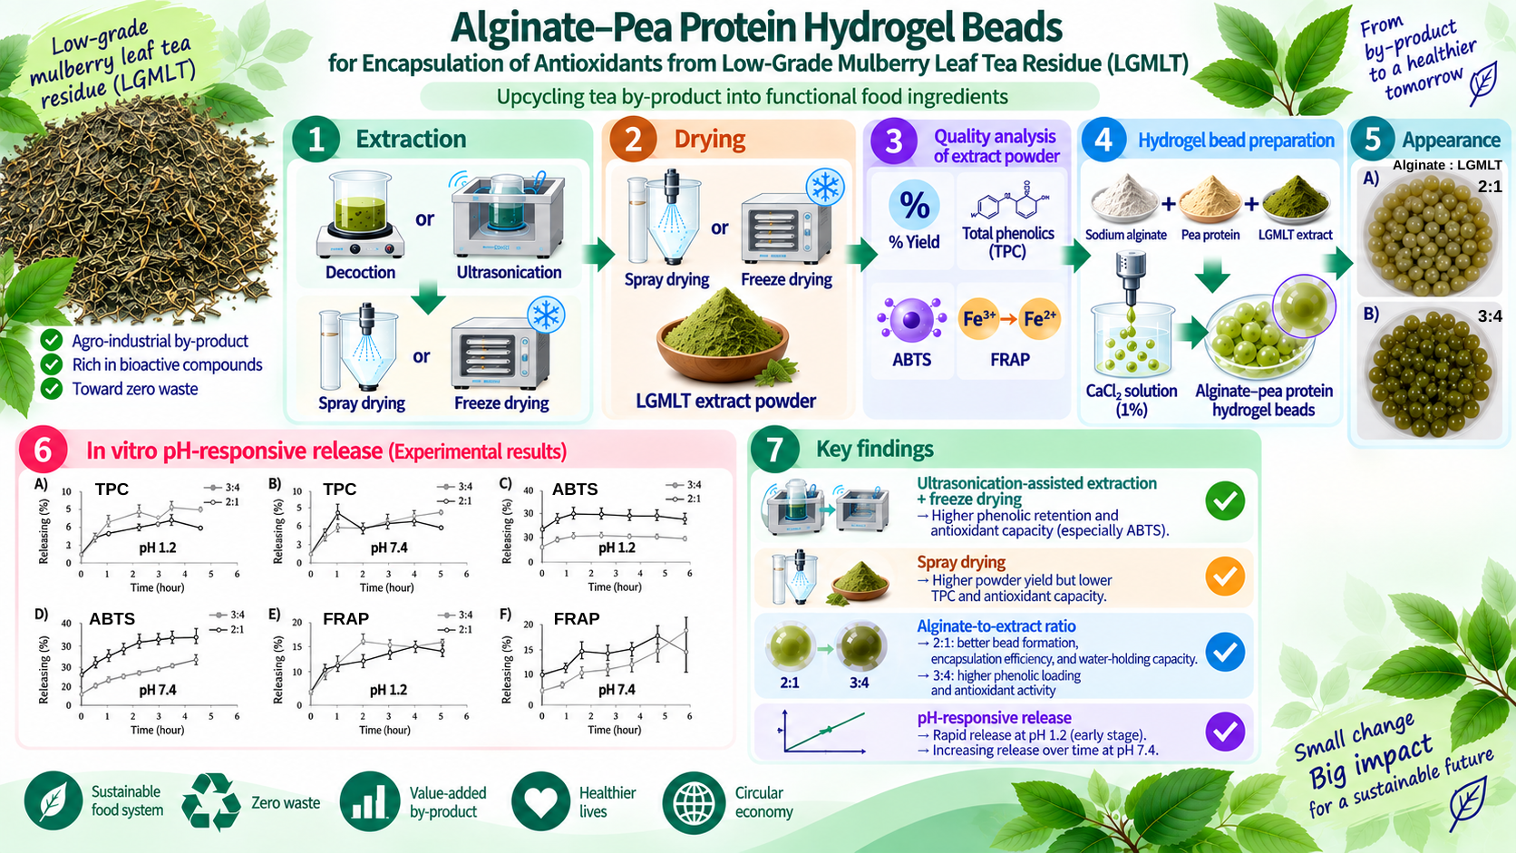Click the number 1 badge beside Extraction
click(316, 139)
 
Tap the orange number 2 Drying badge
click(633, 139)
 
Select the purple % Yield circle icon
click(914, 204)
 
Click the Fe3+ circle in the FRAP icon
click(978, 318)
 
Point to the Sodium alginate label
click(1125, 235)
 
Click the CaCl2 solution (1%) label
click(1131, 400)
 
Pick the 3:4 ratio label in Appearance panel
click(1490, 316)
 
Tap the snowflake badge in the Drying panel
click(825, 187)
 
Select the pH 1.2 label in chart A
click(158, 548)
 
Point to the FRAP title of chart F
click(577, 619)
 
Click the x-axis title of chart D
click(157, 730)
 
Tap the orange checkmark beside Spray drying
click(1225, 577)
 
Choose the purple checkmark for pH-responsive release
click(1225, 732)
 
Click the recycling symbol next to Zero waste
click(211, 802)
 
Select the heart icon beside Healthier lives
click(540, 801)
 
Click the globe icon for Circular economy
click(693, 802)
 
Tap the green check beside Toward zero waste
click(52, 389)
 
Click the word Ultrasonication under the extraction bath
click(509, 272)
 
